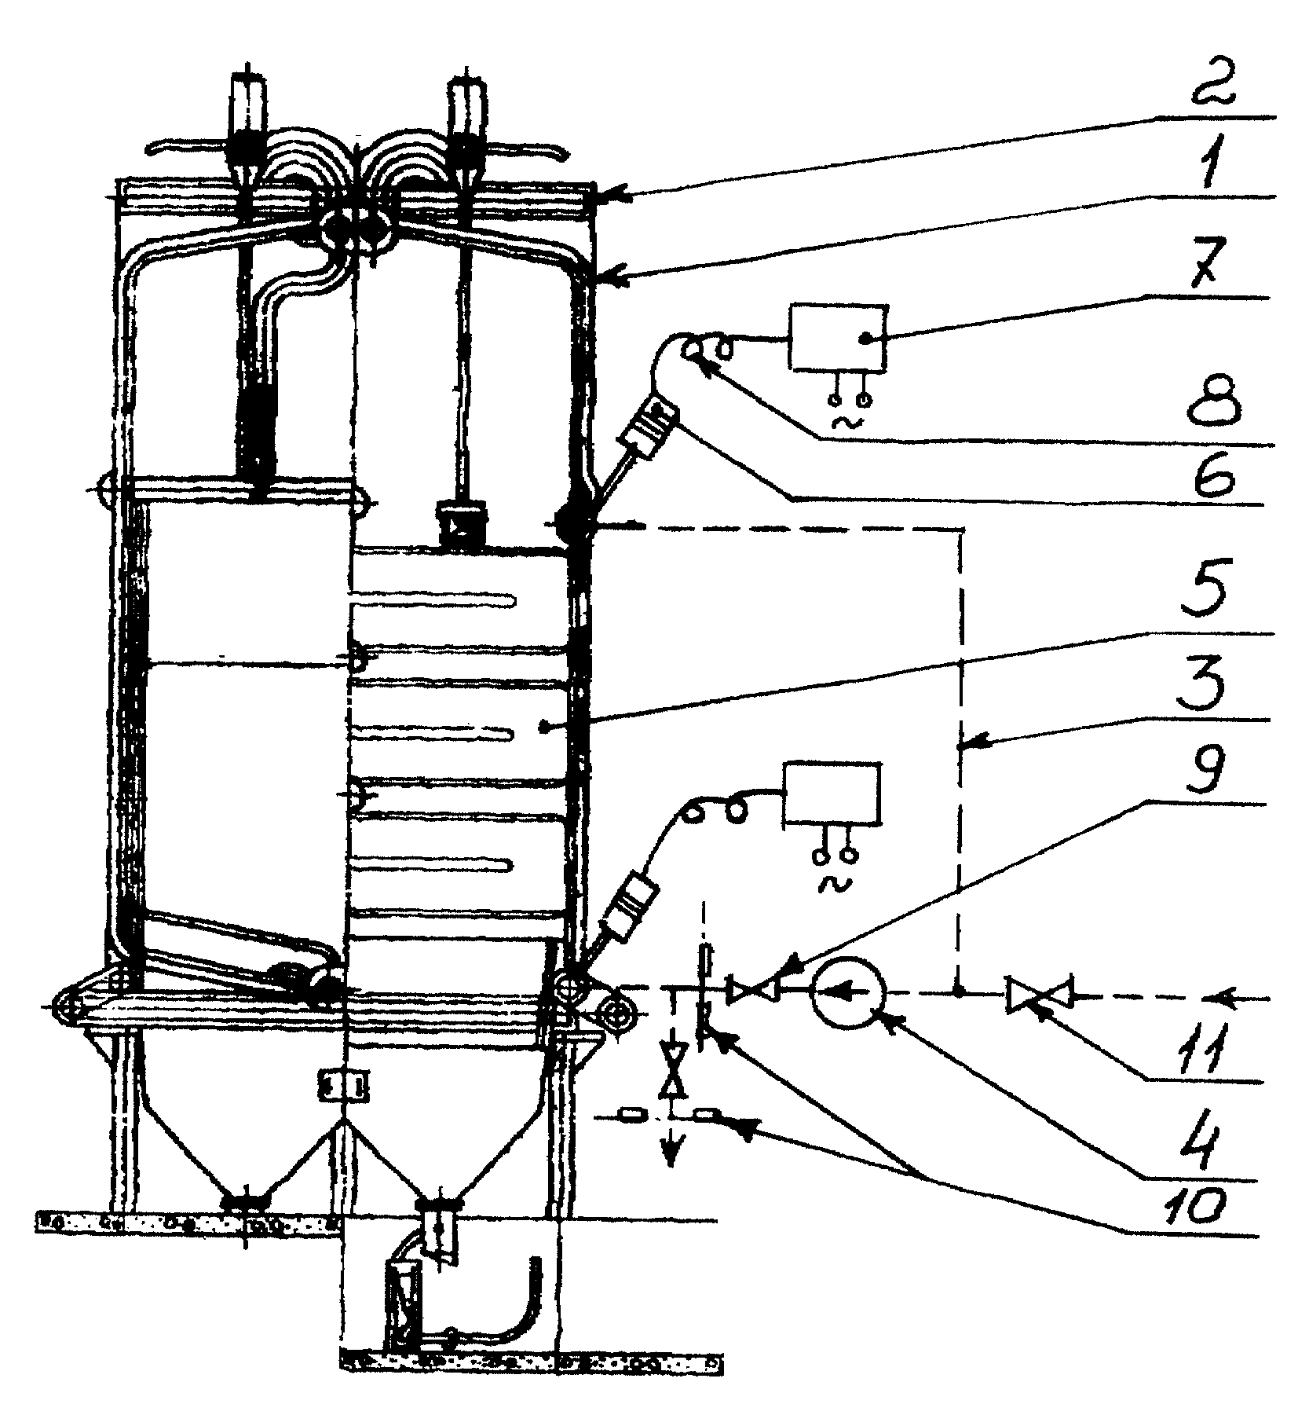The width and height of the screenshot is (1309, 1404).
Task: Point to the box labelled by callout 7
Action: point(838,338)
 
